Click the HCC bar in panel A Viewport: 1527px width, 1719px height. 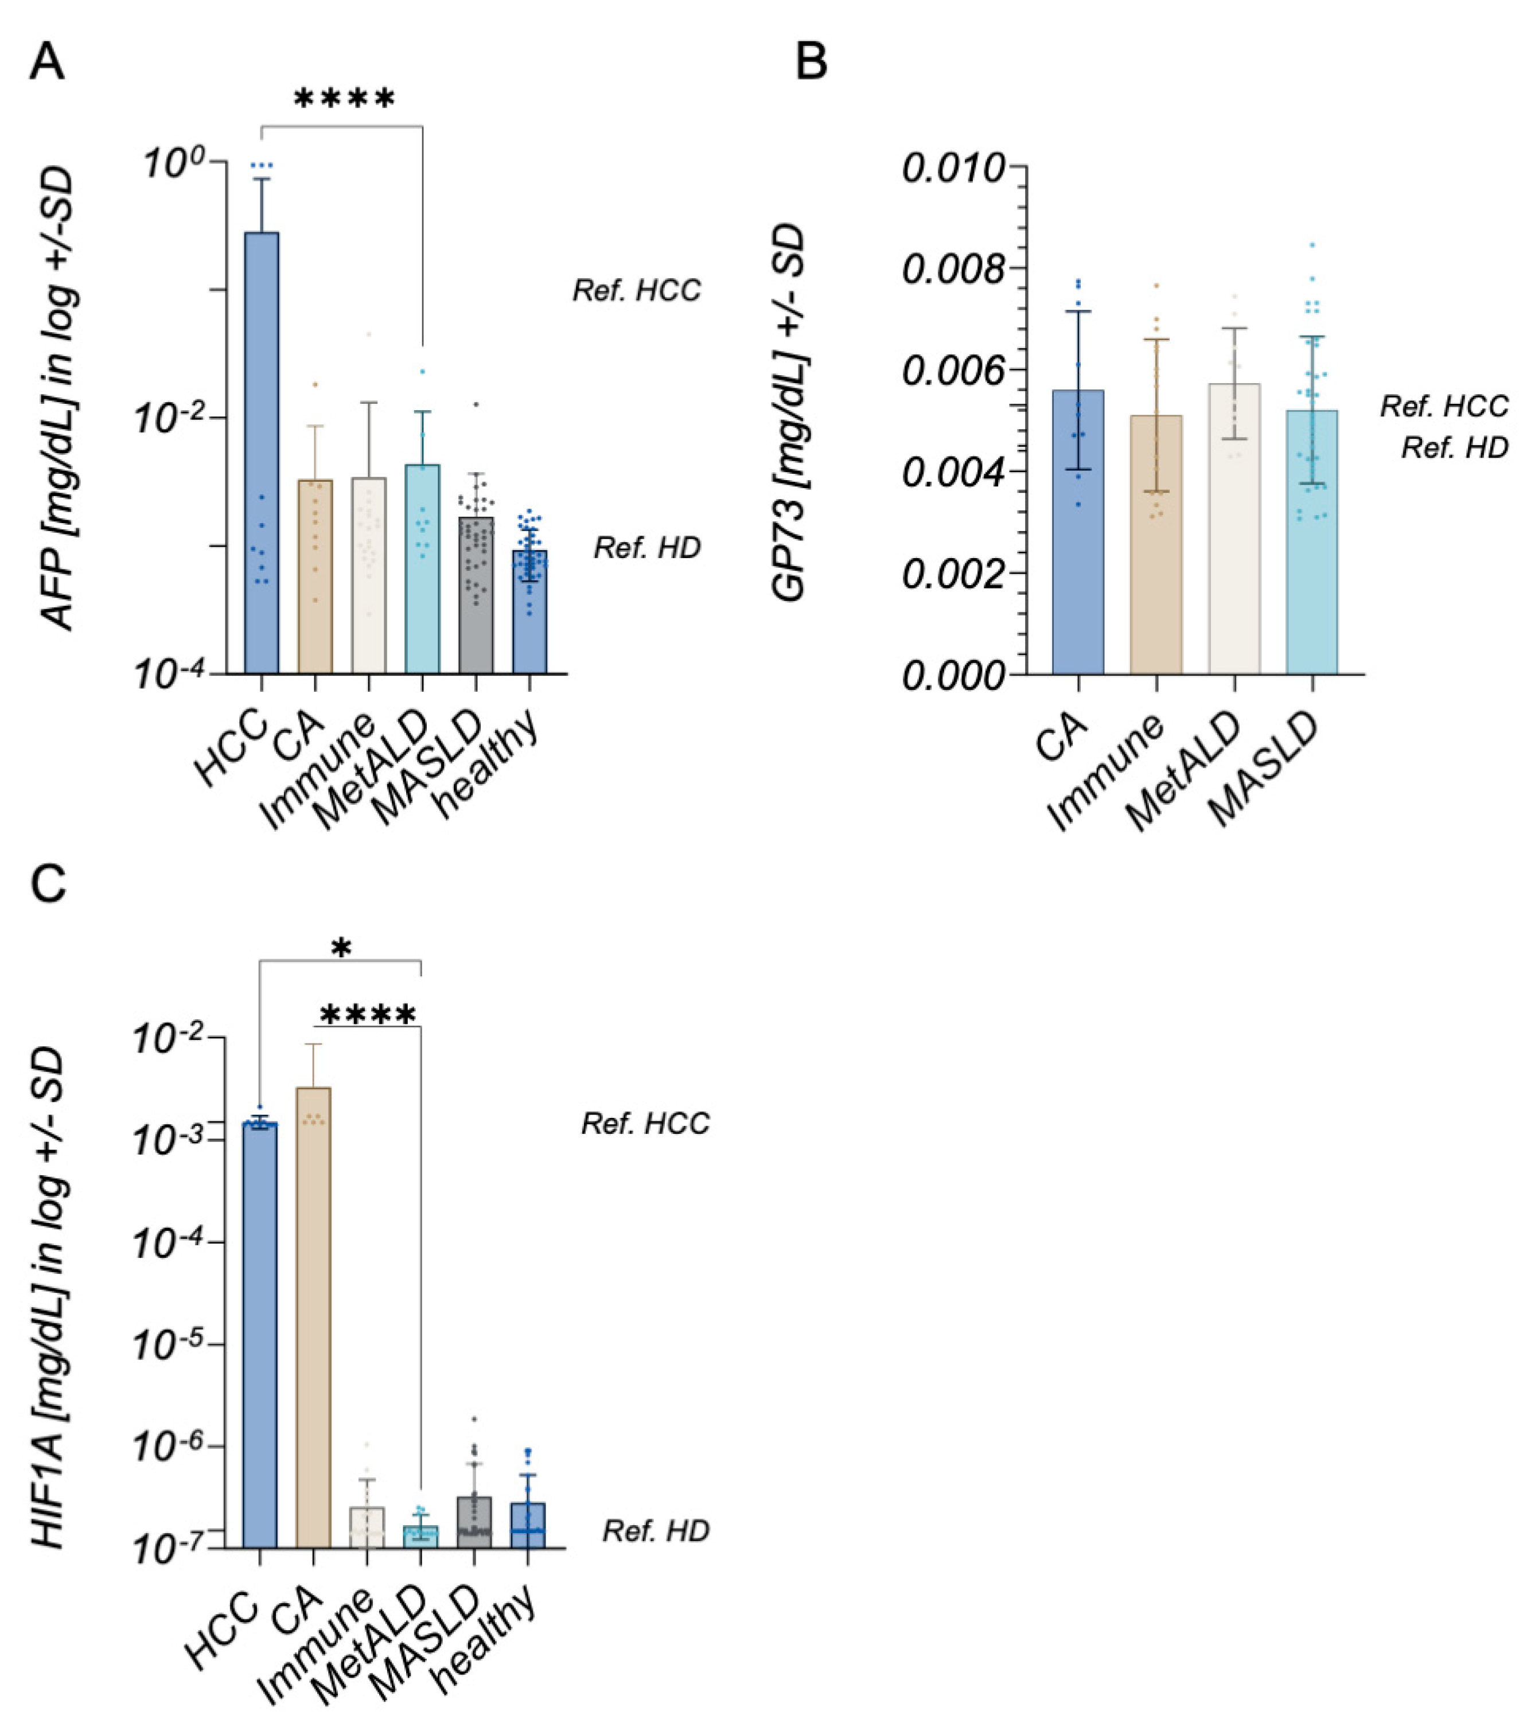pyautogui.click(x=262, y=454)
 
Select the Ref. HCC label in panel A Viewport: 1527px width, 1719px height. pyautogui.click(x=637, y=291)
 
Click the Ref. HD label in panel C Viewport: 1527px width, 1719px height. pyautogui.click(x=655, y=1531)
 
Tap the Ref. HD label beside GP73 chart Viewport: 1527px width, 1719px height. pyautogui.click(x=1454, y=449)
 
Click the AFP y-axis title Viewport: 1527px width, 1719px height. pyautogui.click(x=59, y=399)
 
